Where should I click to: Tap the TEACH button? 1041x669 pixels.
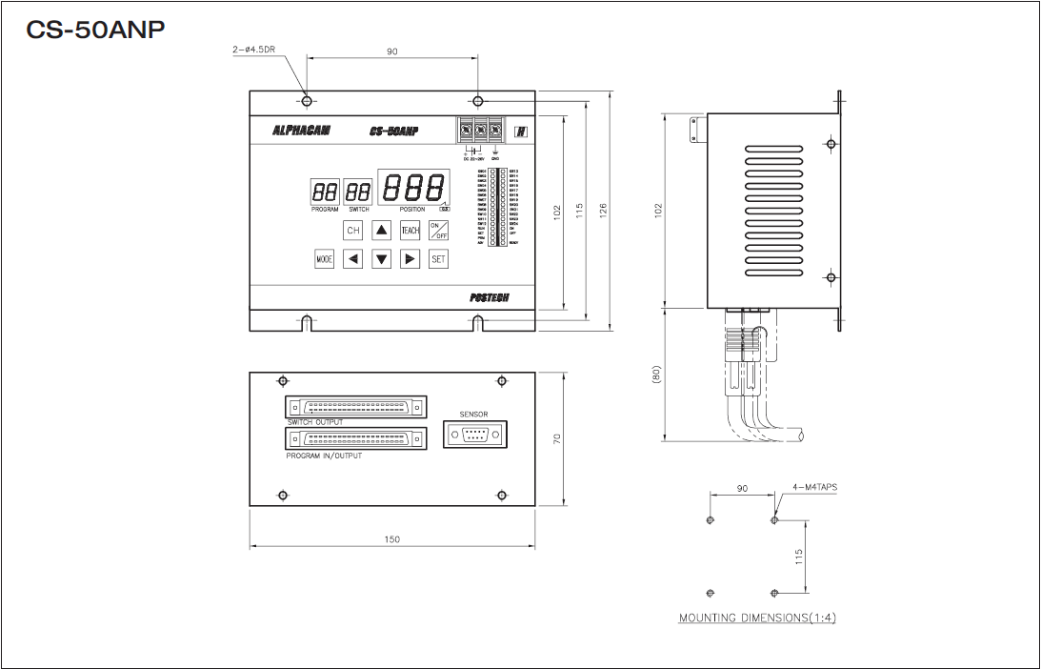pyautogui.click(x=410, y=231)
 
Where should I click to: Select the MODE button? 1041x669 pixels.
pyautogui.click(x=325, y=258)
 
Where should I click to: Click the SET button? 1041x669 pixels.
pyautogui.click(x=438, y=258)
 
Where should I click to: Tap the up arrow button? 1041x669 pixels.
pyautogui.click(x=381, y=231)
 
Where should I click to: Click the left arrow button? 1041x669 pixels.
pyautogui.click(x=353, y=258)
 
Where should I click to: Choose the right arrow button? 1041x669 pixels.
pyautogui.click(x=410, y=258)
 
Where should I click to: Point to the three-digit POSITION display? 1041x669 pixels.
pyautogui.click(x=413, y=187)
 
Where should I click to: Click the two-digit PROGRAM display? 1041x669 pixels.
pyautogui.click(x=325, y=192)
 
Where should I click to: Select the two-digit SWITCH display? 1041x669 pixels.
pyautogui.click(x=358, y=192)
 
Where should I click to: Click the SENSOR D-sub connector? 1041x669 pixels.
pyautogui.click(x=474, y=435)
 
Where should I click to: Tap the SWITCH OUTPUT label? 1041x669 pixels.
pyautogui.click(x=315, y=421)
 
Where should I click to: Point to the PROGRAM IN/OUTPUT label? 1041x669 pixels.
pyautogui.click(x=324, y=456)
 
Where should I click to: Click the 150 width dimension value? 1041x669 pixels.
pyautogui.click(x=392, y=539)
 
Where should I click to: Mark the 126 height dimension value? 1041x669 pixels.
pyautogui.click(x=604, y=211)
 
